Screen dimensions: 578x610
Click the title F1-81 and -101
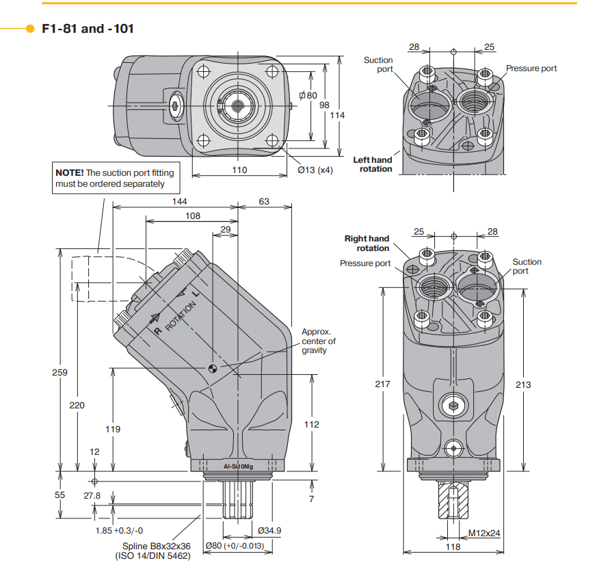[x=88, y=29]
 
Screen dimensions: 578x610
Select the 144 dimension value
[x=179, y=201]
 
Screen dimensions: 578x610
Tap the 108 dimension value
[x=193, y=215]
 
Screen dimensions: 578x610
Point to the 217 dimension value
[x=383, y=384]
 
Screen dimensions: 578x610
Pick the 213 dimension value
[x=523, y=384]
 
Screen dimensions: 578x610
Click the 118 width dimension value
[x=453, y=547]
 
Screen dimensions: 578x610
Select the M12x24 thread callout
[x=484, y=533]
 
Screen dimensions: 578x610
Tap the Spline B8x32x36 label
[x=156, y=546]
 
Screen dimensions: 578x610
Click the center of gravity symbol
[x=213, y=369]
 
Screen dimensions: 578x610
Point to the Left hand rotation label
[x=373, y=164]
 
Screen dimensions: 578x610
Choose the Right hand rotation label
[x=367, y=243]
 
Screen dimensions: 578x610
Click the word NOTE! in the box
[x=70, y=173]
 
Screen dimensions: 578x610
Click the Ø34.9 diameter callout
[x=270, y=530]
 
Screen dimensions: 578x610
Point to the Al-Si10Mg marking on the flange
[x=238, y=467]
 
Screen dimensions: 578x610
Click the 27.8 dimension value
[x=92, y=495]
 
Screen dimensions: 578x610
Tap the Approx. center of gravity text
[x=319, y=341]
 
